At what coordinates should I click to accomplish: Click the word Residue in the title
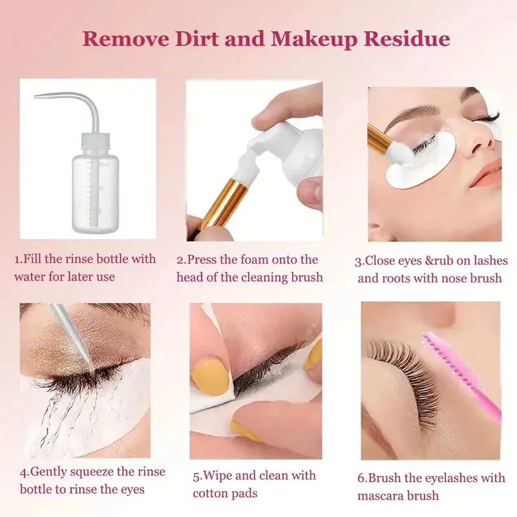(x=407, y=39)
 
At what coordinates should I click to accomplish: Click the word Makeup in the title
(x=313, y=40)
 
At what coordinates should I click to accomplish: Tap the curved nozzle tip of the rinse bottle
(x=36, y=96)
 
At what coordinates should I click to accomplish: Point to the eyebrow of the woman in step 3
(x=419, y=114)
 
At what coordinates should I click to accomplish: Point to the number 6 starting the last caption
(x=361, y=478)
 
